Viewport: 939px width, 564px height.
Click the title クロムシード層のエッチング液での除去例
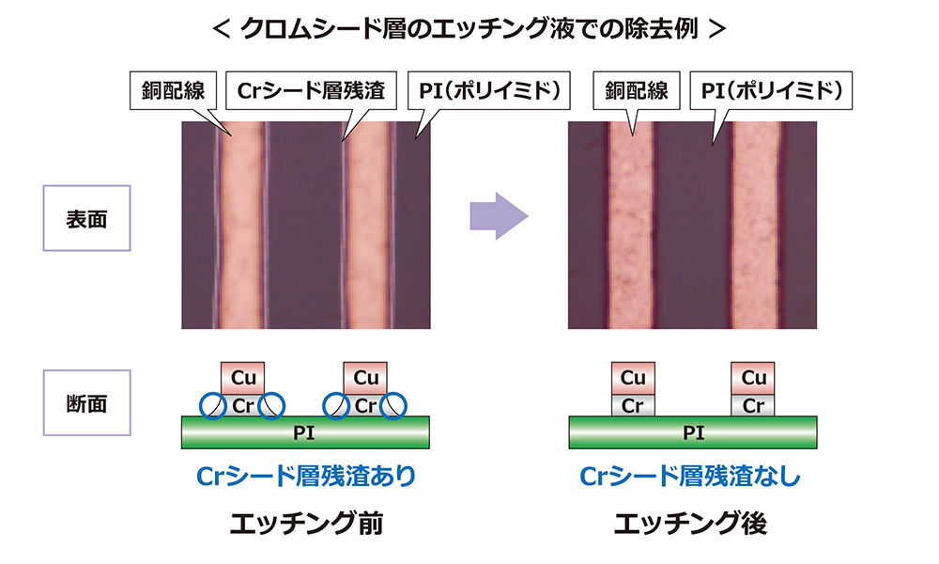click(469, 28)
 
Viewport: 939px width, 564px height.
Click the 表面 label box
click(86, 219)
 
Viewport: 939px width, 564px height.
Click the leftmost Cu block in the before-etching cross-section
click(243, 379)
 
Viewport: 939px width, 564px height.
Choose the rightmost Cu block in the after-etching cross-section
click(754, 378)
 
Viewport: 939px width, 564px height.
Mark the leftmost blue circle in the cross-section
click(214, 405)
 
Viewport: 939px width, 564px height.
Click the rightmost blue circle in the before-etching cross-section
click(393, 405)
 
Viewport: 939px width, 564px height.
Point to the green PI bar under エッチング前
click(305, 432)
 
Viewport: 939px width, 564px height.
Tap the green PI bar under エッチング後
click(694, 432)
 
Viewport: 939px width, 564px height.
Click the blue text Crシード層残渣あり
click(305, 476)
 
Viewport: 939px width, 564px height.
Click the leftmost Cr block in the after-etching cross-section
click(634, 405)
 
